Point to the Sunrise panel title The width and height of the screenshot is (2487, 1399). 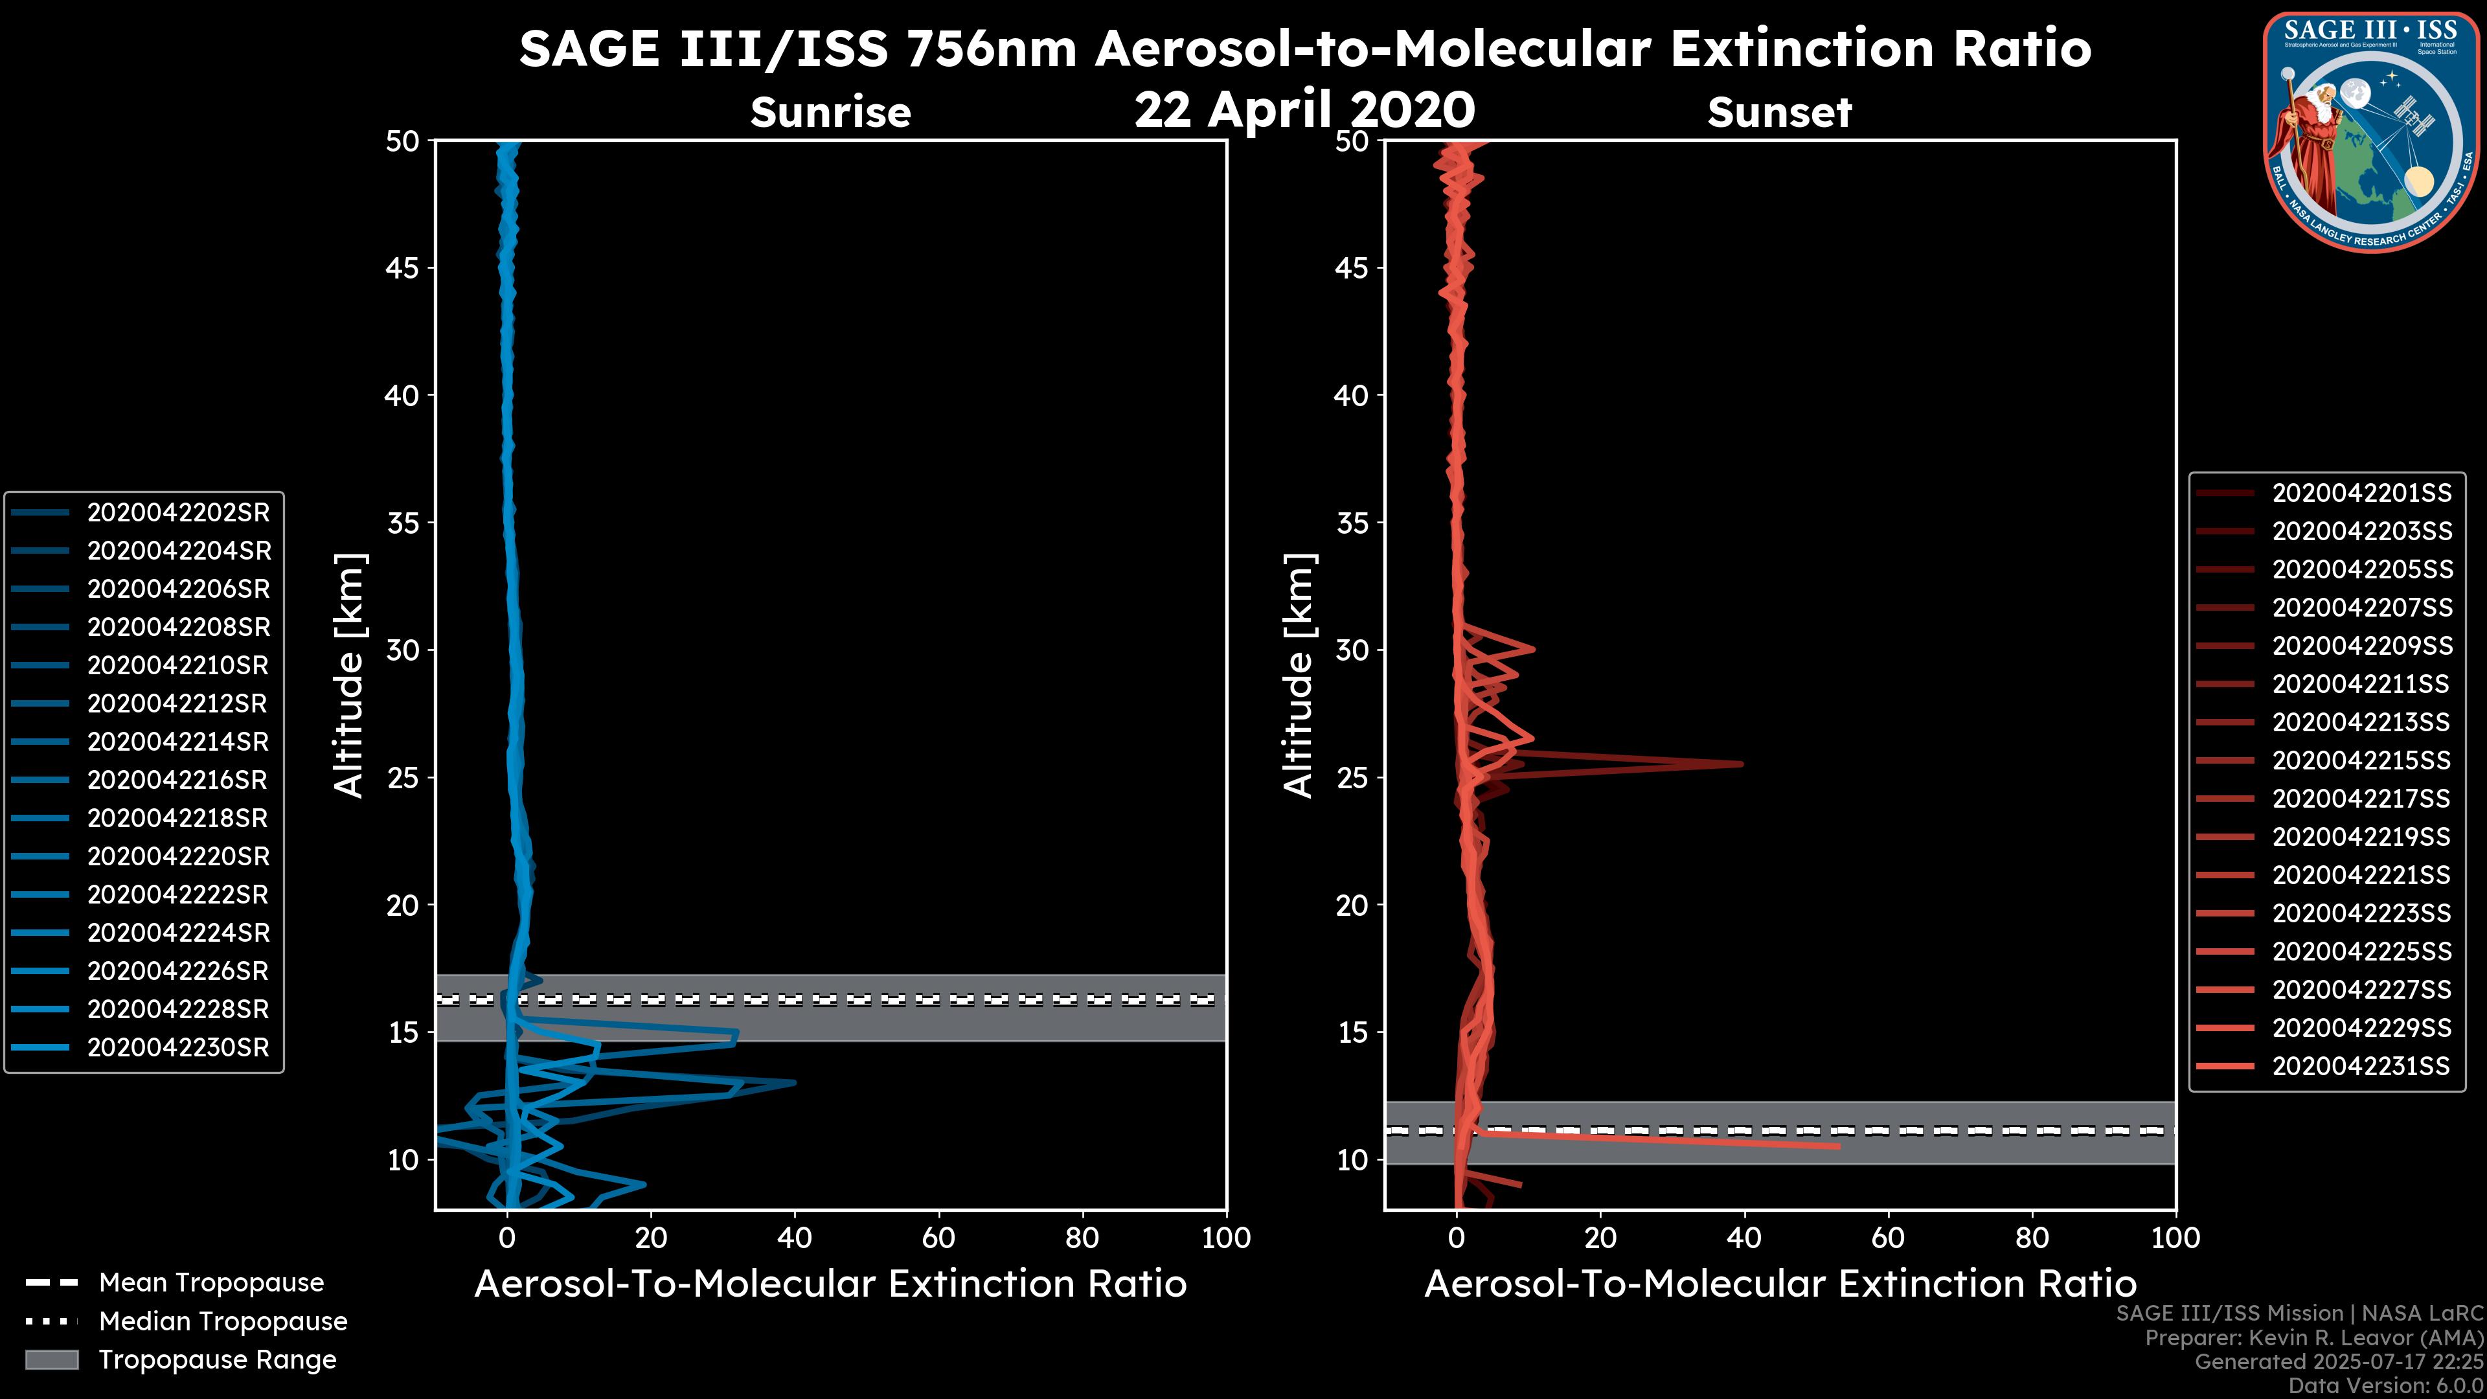pyautogui.click(x=830, y=112)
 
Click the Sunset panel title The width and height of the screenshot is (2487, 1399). pyautogui.click(x=1779, y=112)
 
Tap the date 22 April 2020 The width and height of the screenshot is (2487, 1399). pyautogui.click(x=1304, y=110)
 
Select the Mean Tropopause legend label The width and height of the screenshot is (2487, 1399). pyautogui.click(x=211, y=1283)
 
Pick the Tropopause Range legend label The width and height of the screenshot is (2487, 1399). pyautogui.click(x=217, y=1359)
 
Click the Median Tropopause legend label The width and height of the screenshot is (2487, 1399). pyautogui.click(x=223, y=1322)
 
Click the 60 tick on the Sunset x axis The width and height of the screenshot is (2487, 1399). pyautogui.click(x=1887, y=1238)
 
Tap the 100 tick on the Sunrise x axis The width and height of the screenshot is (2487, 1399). pyautogui.click(x=1225, y=1238)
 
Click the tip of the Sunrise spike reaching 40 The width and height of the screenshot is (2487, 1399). pyautogui.click(x=795, y=1082)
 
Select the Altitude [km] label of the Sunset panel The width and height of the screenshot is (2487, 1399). pyautogui.click(x=1299, y=675)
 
